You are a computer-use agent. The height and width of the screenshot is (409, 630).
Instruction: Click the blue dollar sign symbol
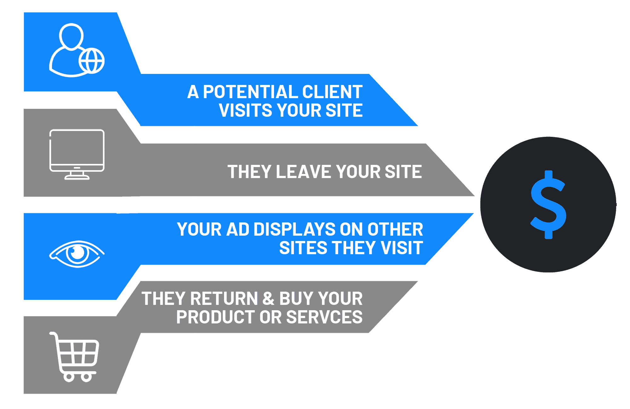[548, 204]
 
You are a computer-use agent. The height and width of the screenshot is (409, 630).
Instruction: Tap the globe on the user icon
[91, 61]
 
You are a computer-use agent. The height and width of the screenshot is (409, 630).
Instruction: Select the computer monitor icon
[77, 154]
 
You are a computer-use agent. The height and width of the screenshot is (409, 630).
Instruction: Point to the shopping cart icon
[74, 357]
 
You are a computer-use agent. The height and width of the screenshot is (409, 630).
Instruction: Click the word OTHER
[395, 229]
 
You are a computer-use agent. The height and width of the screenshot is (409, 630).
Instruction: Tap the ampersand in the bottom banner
[268, 299]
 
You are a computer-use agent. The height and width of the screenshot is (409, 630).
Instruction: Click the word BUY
[296, 299]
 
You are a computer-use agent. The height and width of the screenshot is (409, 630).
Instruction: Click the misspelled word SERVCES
[324, 317]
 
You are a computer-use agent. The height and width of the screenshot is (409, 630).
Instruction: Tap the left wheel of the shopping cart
[69, 377]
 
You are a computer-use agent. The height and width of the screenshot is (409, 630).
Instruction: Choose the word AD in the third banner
[238, 229]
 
